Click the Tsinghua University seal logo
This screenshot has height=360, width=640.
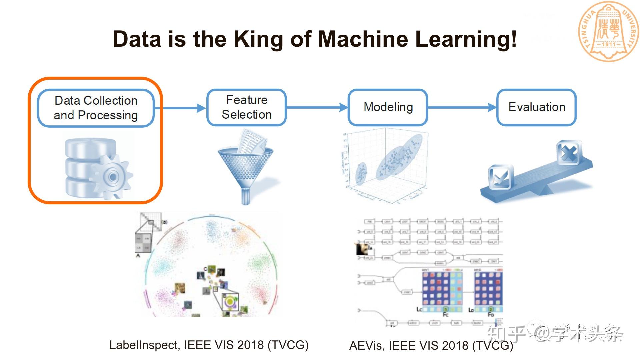(609, 32)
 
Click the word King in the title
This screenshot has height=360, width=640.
(258, 39)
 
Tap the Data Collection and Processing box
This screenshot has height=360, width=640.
(96, 108)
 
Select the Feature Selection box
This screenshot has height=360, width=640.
(247, 107)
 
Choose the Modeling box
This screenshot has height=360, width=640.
(388, 107)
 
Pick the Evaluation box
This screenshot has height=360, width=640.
(537, 107)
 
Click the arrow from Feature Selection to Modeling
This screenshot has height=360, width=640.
(317, 107)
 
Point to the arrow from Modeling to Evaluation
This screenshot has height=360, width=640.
(462, 107)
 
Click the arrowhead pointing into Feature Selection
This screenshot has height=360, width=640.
(201, 108)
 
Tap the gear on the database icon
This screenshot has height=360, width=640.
(113, 176)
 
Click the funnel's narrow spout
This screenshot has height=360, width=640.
(246, 197)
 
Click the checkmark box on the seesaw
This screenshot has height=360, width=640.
(500, 177)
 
